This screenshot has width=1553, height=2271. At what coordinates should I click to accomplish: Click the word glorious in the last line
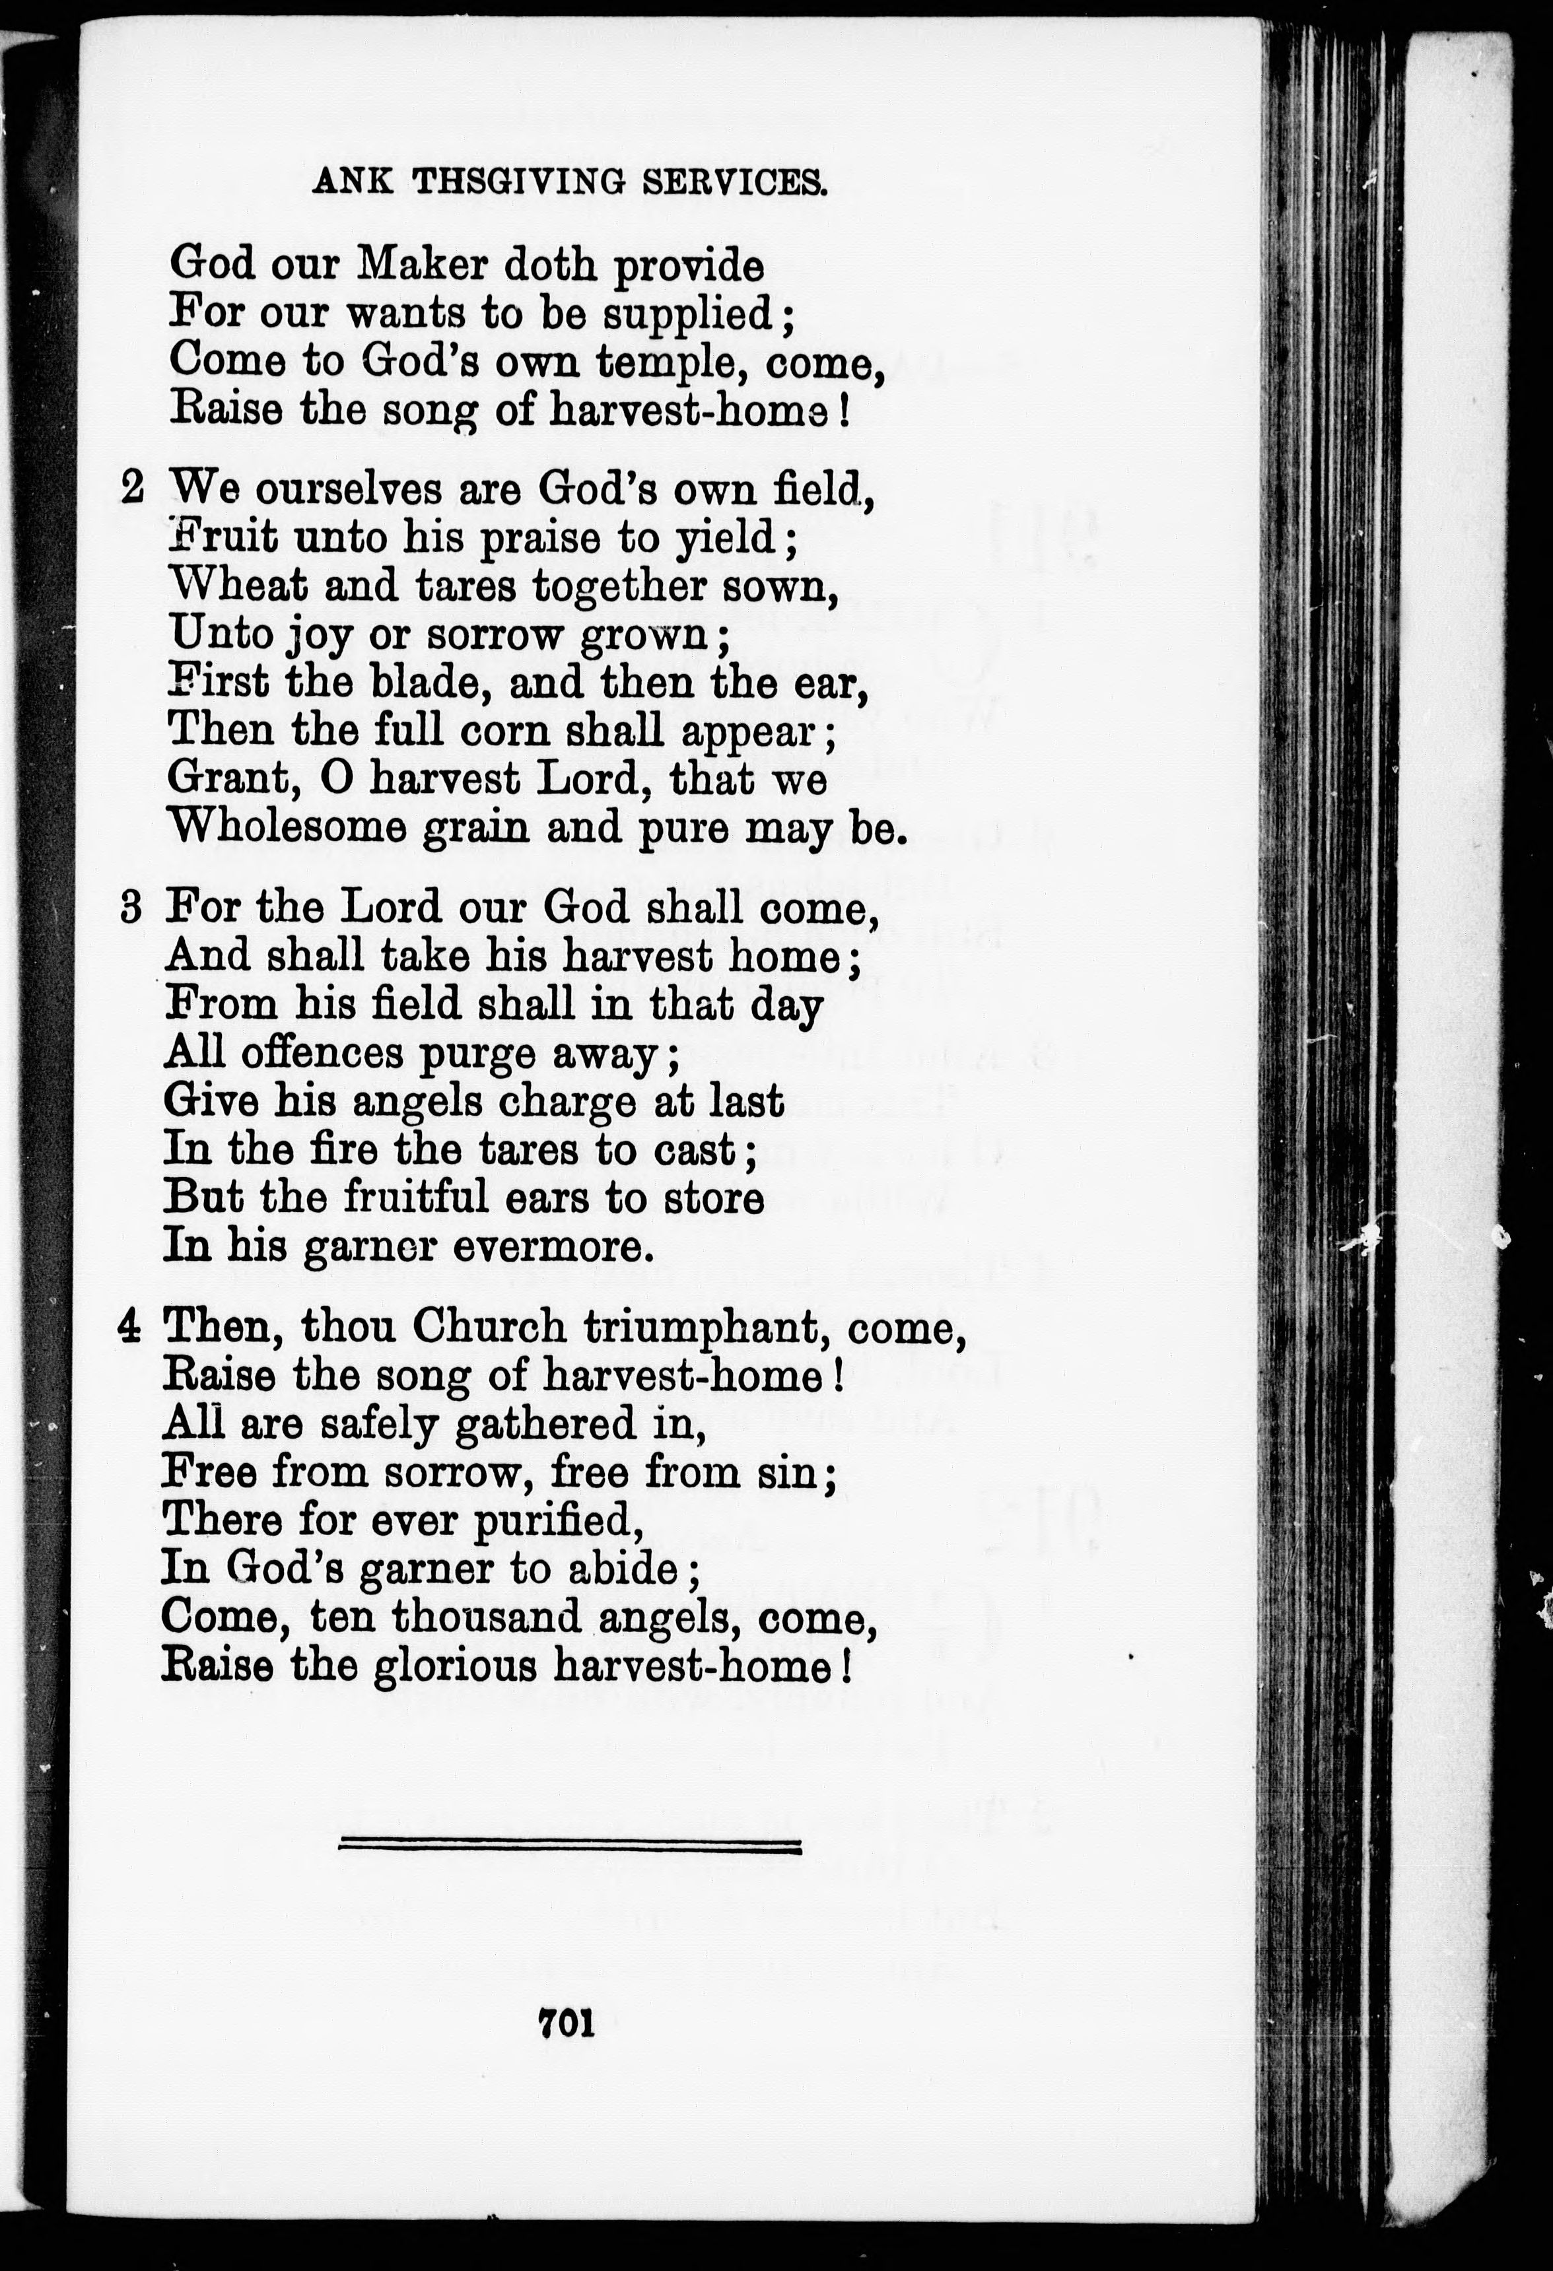point(456,1665)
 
